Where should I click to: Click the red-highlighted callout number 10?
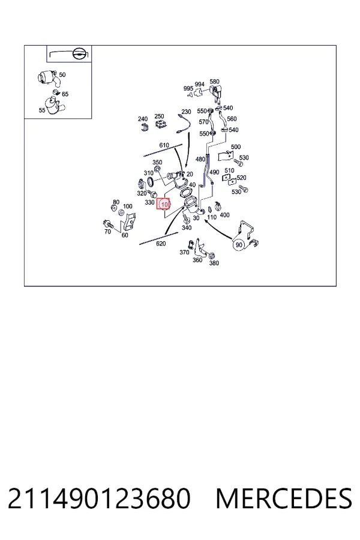[164, 204]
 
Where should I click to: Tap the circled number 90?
[239, 245]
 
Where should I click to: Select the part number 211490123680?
[99, 499]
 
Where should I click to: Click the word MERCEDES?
[284, 499]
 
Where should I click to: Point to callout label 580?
[214, 82]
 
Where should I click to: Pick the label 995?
[188, 89]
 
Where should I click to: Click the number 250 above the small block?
[159, 116]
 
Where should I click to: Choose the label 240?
[143, 119]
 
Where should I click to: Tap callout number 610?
[164, 145]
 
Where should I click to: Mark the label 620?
[161, 244]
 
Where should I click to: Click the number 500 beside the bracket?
[236, 147]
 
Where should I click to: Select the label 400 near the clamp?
[224, 215]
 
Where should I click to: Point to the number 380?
[214, 263]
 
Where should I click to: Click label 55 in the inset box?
[42, 110]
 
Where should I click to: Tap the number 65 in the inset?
[65, 94]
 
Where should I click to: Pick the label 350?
[157, 162]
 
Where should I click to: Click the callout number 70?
[107, 232]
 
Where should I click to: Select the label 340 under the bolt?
[187, 227]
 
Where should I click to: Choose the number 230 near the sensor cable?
[186, 112]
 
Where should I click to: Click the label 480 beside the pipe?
[200, 159]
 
